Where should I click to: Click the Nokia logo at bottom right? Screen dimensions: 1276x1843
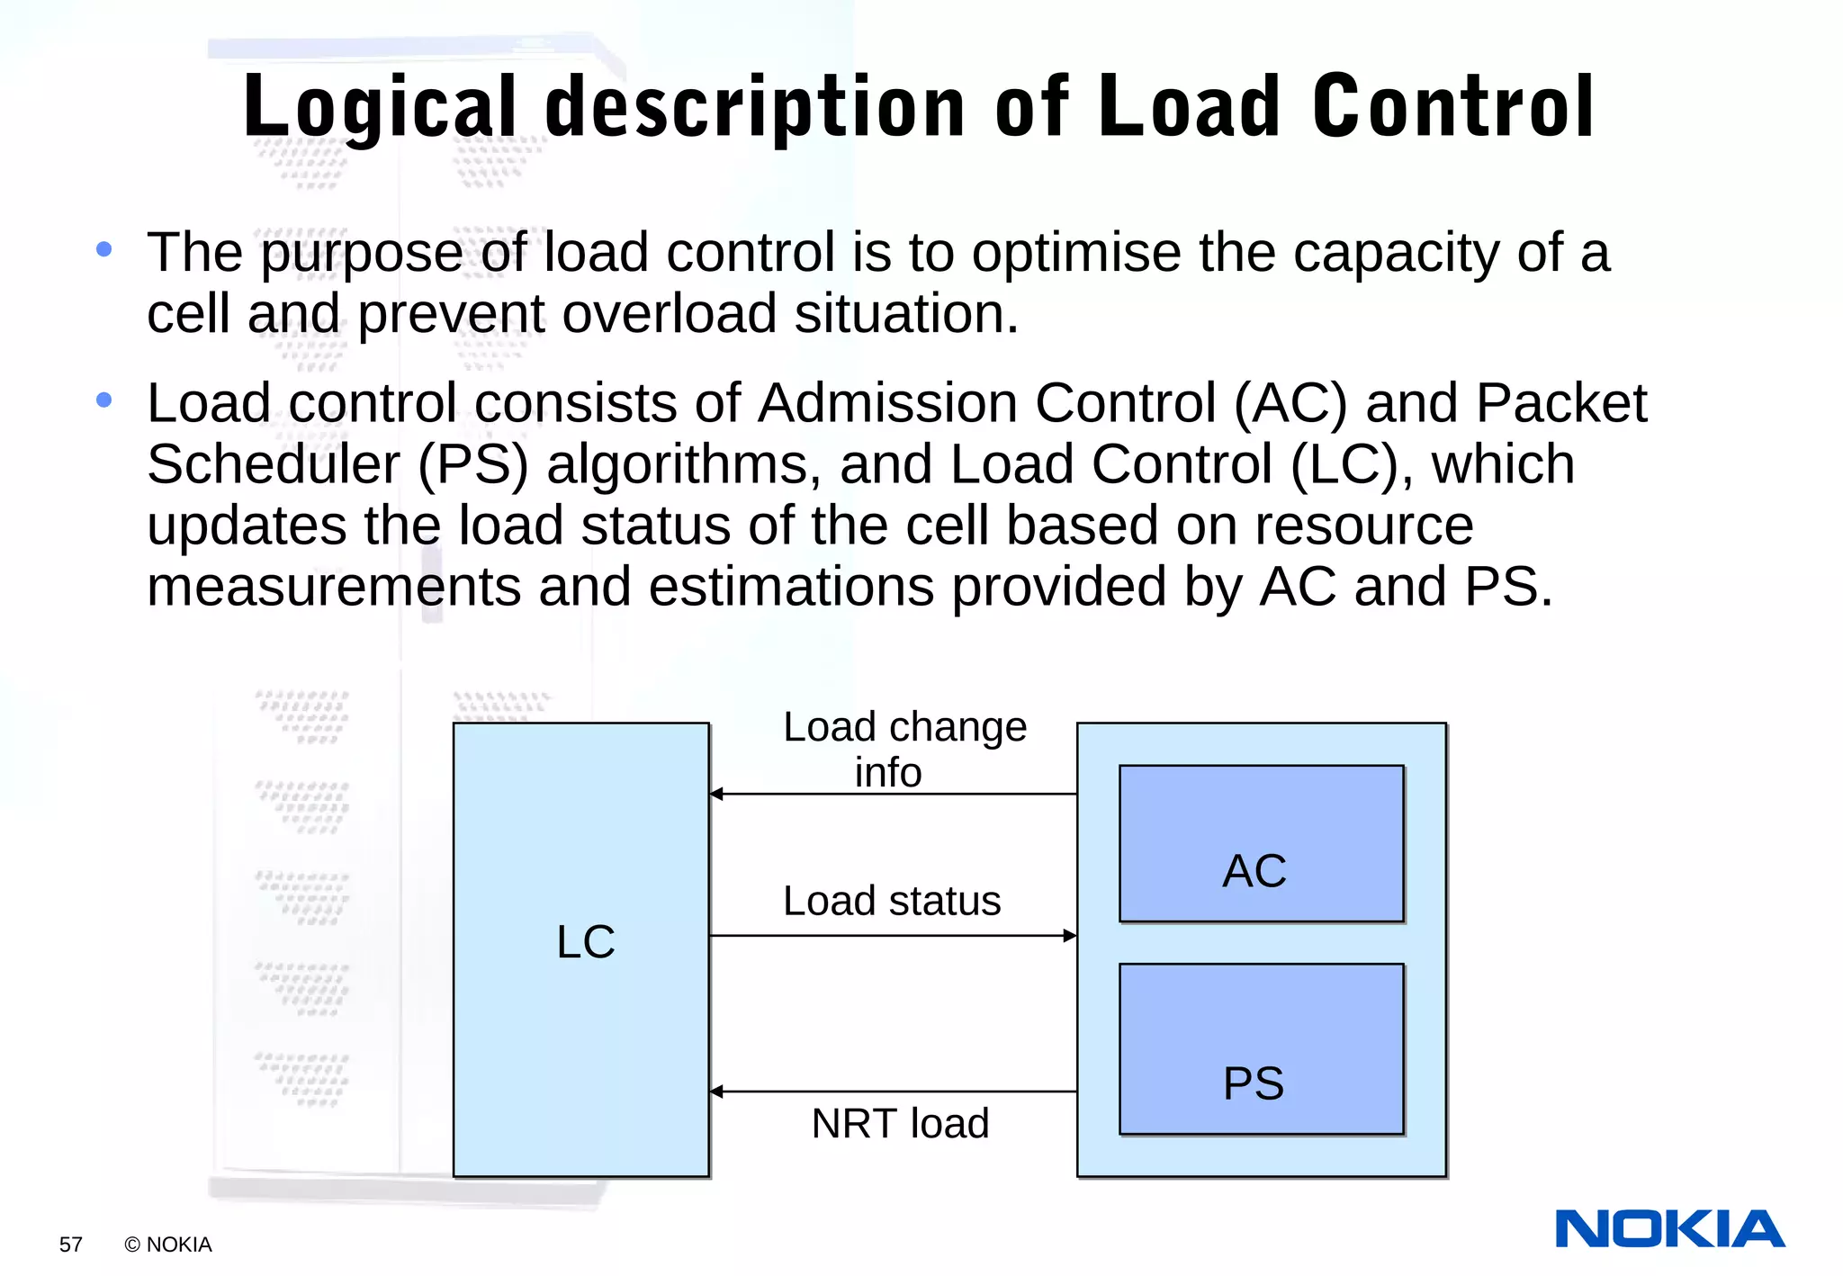pos(1669,1229)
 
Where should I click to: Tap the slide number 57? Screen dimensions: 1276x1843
pos(70,1245)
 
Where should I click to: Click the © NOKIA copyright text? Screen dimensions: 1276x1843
pos(168,1245)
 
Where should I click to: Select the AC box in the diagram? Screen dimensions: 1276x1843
pos(1261,844)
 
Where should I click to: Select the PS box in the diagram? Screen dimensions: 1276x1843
pos(1261,1049)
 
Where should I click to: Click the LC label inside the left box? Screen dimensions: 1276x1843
pos(585,942)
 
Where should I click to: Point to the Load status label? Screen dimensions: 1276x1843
pos(891,901)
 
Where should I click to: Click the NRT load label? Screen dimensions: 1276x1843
pos(900,1123)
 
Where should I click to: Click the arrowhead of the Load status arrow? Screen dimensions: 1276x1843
pos(1070,936)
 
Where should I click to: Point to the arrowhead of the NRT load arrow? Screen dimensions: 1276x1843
pos(717,1092)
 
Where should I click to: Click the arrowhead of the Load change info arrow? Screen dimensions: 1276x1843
pos(717,794)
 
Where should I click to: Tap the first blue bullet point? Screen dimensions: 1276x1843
pos(104,249)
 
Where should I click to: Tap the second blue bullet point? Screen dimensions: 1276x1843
pos(104,400)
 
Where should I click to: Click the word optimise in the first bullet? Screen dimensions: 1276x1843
pos(1075,253)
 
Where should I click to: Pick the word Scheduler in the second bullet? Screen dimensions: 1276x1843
pos(274,464)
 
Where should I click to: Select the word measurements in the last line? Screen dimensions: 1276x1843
pos(333,587)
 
